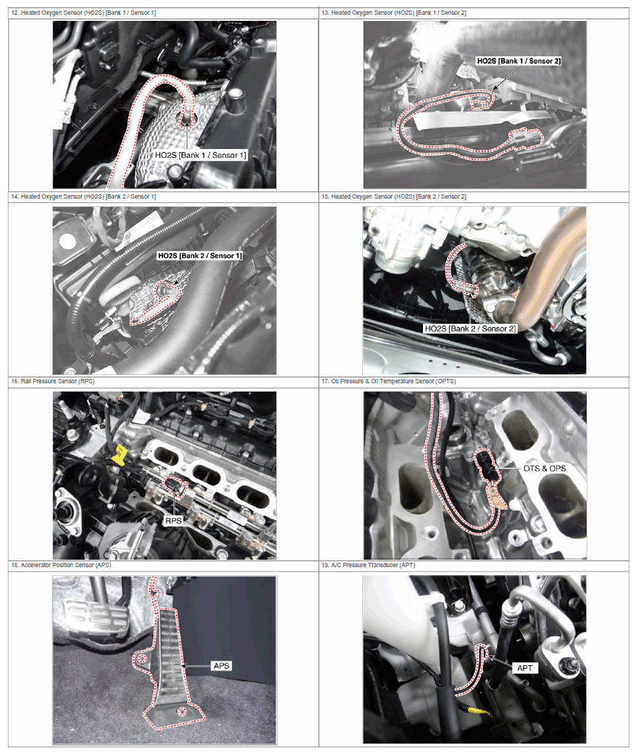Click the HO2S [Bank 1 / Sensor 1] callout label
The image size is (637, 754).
pos(200,155)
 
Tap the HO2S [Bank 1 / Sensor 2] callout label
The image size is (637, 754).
pos(518,61)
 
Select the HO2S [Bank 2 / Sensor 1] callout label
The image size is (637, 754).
pos(200,256)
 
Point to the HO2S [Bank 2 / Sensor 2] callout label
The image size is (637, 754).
pos(470,328)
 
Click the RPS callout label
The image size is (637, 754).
pos(173,520)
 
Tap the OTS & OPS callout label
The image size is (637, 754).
pos(544,469)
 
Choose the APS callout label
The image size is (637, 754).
pos(221,666)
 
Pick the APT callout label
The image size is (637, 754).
pos(524,668)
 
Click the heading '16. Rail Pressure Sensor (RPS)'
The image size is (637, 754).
pos(53,381)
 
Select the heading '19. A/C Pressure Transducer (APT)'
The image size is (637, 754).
pos(368,565)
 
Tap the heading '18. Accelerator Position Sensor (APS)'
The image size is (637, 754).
pos(61,565)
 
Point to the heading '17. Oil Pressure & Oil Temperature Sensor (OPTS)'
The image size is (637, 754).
pos(388,381)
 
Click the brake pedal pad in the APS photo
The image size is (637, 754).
pos(96,617)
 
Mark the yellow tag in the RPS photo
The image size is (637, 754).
pos(119,454)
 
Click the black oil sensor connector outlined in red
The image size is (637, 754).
pos(486,465)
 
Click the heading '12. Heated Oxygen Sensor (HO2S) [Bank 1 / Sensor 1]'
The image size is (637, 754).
pos(84,13)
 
